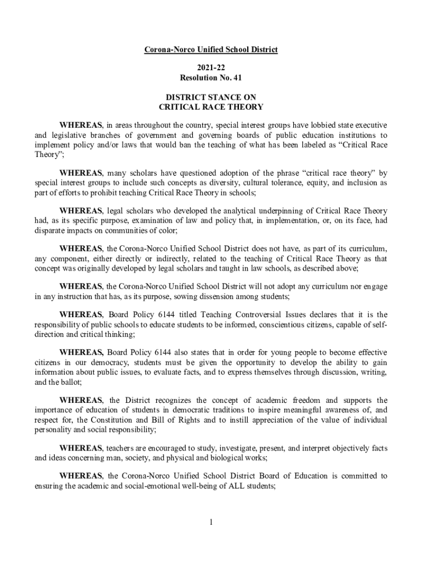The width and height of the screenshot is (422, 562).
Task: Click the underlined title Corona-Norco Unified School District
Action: pos(211,50)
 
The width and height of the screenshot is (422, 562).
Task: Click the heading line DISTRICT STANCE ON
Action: pos(211,97)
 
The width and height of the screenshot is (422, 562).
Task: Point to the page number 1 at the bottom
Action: pos(210,521)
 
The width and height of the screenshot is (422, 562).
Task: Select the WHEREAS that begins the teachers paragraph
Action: pos(81,448)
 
